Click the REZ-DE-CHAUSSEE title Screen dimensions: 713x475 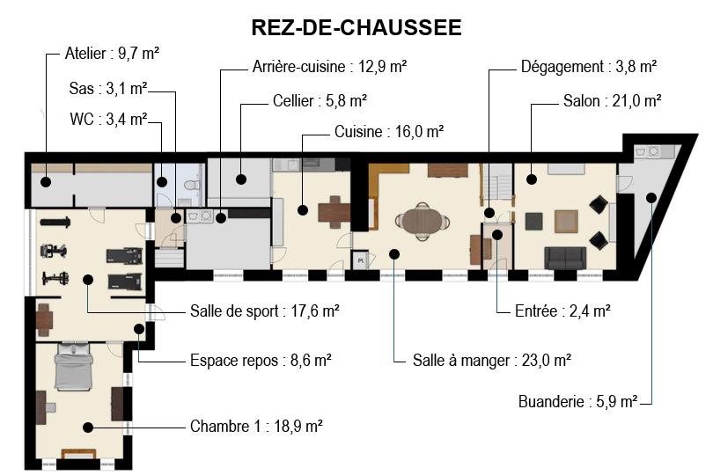click(x=356, y=28)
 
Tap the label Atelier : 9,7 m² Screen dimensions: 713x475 click(x=112, y=53)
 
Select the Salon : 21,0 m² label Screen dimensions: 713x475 click(x=612, y=100)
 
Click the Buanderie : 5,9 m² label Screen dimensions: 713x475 click(x=578, y=401)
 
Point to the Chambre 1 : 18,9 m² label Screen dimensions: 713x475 click(x=256, y=426)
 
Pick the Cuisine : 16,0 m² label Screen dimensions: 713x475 click(x=389, y=131)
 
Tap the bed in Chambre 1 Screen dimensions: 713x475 click(x=73, y=367)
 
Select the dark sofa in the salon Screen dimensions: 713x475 click(x=565, y=259)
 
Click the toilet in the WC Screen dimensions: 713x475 click(x=191, y=185)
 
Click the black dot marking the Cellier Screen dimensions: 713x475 click(x=241, y=179)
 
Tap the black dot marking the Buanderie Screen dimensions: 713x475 click(x=651, y=198)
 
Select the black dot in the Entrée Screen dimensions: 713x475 click(x=497, y=235)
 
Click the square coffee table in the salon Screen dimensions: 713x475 click(x=566, y=222)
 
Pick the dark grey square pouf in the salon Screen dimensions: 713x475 click(x=533, y=222)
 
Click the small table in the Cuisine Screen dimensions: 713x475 click(x=334, y=212)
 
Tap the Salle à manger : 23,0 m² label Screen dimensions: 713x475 click(x=491, y=360)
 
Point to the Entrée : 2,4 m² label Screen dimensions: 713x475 click(x=562, y=311)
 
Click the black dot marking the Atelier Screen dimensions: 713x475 click(x=46, y=182)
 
